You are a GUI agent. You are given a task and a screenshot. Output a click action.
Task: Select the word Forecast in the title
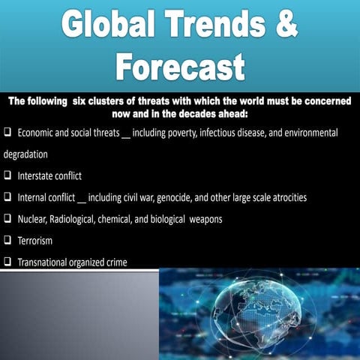tap(180, 67)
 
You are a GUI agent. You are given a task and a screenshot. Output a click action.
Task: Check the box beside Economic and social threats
tap(7, 132)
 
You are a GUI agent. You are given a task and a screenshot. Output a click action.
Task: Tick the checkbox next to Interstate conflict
tap(7, 176)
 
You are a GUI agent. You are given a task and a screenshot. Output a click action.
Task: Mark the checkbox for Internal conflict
tap(7, 198)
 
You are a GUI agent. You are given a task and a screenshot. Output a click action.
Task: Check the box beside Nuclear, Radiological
tap(7, 219)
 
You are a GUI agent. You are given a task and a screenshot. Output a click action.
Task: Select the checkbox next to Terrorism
tap(7, 241)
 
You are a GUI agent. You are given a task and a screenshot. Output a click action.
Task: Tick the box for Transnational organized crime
tap(7, 262)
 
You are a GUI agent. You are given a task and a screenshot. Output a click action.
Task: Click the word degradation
tap(25, 154)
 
